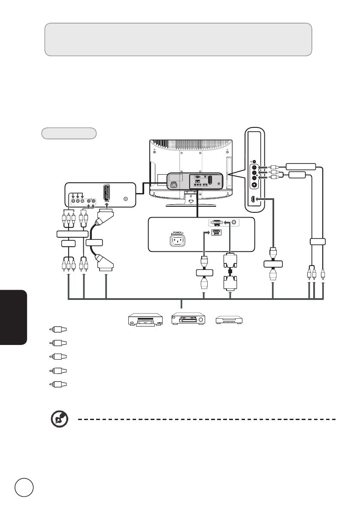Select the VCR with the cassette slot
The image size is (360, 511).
click(188, 320)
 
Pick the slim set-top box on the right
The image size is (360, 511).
click(229, 320)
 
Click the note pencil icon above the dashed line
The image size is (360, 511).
click(56, 419)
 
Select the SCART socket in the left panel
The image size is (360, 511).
click(106, 194)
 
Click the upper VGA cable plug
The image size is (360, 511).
click(230, 259)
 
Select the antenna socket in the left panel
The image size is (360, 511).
click(125, 199)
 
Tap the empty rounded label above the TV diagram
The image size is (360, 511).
click(69, 133)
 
